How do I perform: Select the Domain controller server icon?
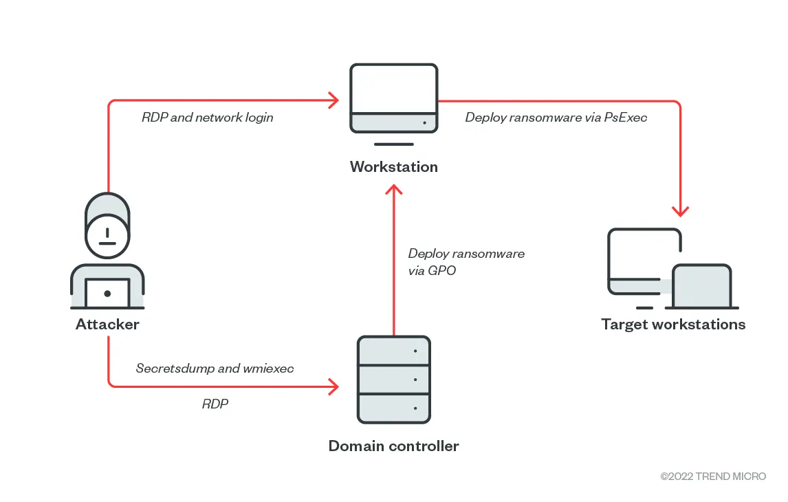pyautogui.click(x=393, y=379)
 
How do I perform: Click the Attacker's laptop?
pyautogui.click(x=107, y=294)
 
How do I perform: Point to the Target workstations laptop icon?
pyautogui.click(x=701, y=286)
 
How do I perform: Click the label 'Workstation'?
pyautogui.click(x=393, y=166)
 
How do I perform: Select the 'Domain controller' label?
pyautogui.click(x=393, y=446)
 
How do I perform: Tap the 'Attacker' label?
pyautogui.click(x=107, y=324)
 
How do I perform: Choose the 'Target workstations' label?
pyautogui.click(x=673, y=324)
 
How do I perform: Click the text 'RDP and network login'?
pyautogui.click(x=207, y=118)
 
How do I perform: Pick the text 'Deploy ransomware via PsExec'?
pyautogui.click(x=556, y=118)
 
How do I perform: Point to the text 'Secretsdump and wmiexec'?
pyautogui.click(x=215, y=369)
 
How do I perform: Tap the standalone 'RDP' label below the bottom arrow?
pyautogui.click(x=215, y=404)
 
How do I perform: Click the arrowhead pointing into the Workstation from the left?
pyautogui.click(x=334, y=101)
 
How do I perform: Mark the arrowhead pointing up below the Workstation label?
pyautogui.click(x=393, y=190)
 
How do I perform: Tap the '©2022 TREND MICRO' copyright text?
pyautogui.click(x=713, y=476)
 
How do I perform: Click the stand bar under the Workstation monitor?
pyautogui.click(x=393, y=144)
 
